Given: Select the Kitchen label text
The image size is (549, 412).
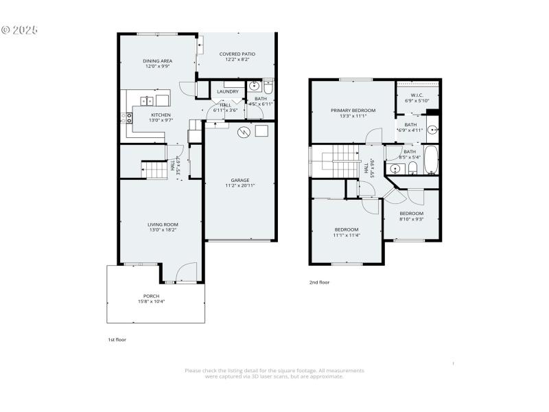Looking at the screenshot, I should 161,115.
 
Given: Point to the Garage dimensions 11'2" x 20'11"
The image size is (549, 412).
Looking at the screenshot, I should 240,185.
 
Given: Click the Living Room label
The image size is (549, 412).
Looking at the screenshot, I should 163,225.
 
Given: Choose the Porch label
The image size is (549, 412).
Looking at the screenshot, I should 152,296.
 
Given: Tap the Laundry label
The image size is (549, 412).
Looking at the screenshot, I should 227,91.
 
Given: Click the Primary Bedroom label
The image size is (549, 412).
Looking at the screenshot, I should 353,111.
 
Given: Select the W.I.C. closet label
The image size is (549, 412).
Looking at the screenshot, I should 417,95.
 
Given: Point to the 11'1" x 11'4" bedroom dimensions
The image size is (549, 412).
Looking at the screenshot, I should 347,236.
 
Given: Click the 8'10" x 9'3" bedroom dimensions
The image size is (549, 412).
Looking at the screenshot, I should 411,219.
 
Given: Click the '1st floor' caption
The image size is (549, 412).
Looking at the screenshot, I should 117,339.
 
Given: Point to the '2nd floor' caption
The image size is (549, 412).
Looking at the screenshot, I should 318,282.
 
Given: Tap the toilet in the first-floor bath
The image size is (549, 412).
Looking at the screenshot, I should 268,87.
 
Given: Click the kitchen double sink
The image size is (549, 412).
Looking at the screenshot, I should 147,101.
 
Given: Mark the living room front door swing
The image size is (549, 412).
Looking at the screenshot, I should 186,273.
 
